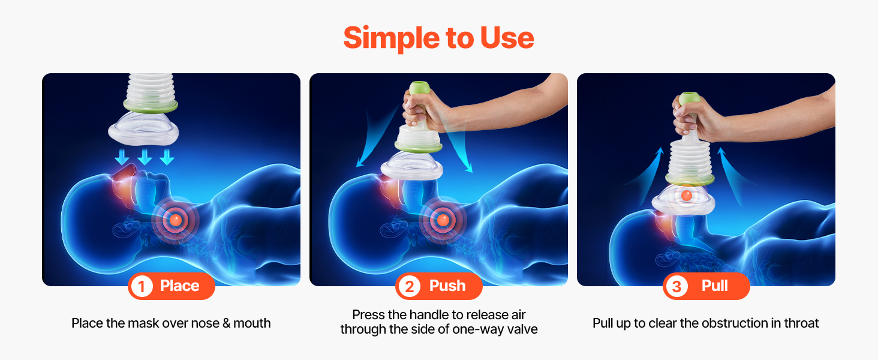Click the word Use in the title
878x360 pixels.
click(x=507, y=38)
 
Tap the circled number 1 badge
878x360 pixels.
click(x=142, y=286)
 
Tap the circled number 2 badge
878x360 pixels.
click(x=409, y=286)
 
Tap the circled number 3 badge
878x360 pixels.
click(x=676, y=286)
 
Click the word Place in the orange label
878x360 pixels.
click(x=179, y=286)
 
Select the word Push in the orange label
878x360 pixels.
click(x=447, y=286)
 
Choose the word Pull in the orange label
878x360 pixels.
click(x=714, y=286)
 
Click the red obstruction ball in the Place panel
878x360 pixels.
click(x=176, y=220)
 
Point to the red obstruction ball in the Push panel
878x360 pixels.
click(x=443, y=220)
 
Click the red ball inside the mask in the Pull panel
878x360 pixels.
click(x=686, y=195)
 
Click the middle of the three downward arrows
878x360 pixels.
click(x=145, y=157)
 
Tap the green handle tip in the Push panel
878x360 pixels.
click(x=419, y=88)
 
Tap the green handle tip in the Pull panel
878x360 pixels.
click(x=689, y=98)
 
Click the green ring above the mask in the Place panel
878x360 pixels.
click(x=151, y=106)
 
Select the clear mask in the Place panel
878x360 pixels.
click(x=143, y=128)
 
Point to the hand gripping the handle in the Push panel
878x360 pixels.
click(x=424, y=111)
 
